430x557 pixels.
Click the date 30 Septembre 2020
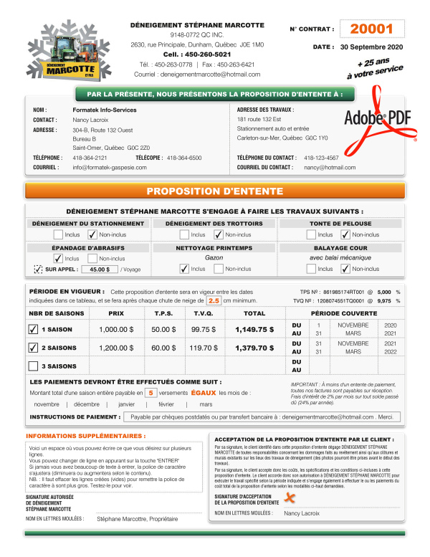(371, 47)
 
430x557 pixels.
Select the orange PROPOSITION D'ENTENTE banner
(214, 191)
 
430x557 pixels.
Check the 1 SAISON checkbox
(33, 330)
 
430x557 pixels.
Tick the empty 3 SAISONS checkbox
(33, 366)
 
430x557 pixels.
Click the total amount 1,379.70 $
(254, 348)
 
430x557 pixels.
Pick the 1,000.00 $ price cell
(116, 330)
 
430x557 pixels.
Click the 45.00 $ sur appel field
(100, 270)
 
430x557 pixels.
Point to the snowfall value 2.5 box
(214, 301)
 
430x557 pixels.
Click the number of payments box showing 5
(151, 393)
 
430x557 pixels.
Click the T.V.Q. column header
(204, 313)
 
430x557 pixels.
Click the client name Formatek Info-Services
(104, 110)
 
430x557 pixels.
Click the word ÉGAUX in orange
(203, 393)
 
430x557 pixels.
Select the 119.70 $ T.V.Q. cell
(204, 348)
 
